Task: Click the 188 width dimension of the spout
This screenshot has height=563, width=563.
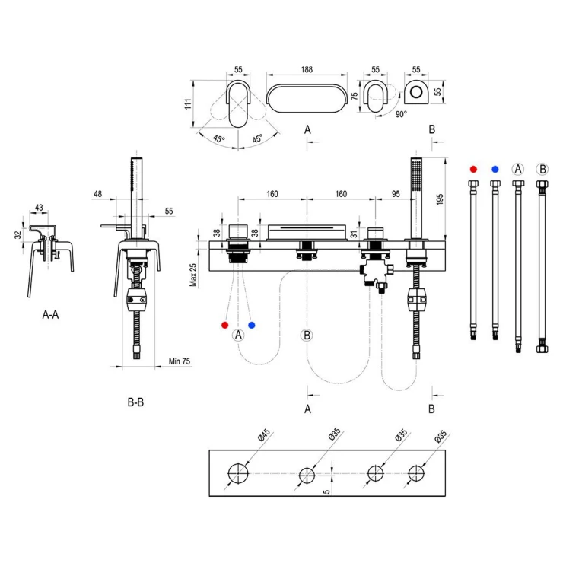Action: tap(307, 69)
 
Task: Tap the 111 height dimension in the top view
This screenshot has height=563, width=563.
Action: tap(188, 103)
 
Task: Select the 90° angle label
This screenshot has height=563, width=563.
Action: tap(401, 114)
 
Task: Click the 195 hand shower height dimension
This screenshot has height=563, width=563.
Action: tap(440, 199)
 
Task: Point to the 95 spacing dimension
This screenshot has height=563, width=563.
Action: tap(396, 194)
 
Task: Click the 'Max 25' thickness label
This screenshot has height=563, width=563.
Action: tap(193, 275)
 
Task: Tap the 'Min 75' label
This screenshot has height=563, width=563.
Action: tap(180, 361)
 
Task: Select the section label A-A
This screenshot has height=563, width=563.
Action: tap(50, 314)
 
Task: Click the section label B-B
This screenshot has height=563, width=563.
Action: tap(135, 402)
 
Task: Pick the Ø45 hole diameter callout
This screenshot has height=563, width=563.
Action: tap(264, 435)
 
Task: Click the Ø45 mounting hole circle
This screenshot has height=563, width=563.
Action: tap(238, 473)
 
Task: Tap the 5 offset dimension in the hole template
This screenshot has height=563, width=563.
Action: tap(326, 491)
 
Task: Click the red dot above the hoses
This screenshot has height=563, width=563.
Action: tap(473, 169)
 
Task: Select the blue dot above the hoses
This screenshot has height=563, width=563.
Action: tap(495, 169)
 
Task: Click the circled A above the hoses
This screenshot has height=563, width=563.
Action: tap(518, 169)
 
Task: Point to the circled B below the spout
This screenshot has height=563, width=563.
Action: tap(307, 335)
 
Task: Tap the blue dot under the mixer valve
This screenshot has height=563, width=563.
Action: tap(251, 325)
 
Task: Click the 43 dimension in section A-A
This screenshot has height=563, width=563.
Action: tap(39, 208)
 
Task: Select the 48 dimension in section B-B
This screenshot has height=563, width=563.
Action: tap(97, 194)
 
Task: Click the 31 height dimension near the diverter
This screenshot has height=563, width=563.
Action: tap(354, 234)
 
